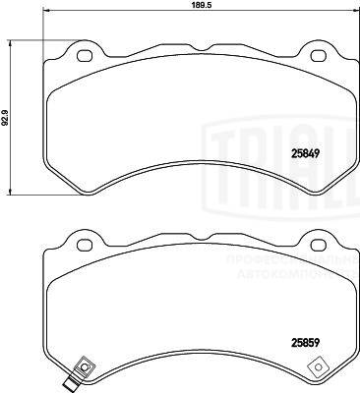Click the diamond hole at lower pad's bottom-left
click(84, 368)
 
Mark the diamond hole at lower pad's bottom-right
click(317, 368)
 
